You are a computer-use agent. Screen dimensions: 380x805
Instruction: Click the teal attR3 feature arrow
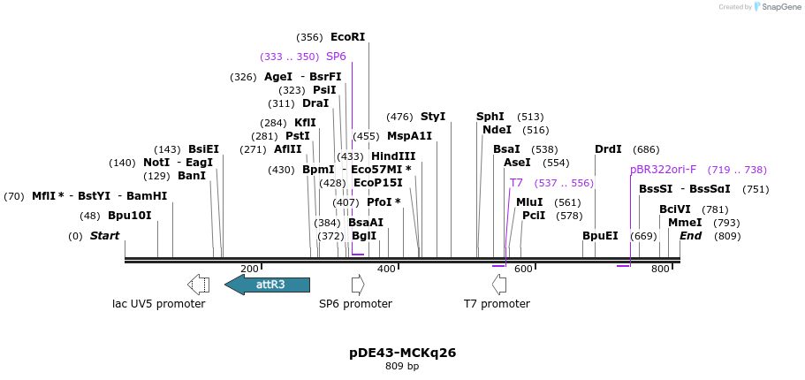tap(267, 285)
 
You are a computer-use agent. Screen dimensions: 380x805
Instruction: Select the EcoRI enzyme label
tap(347, 37)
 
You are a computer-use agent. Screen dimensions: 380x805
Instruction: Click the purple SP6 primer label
tap(336, 57)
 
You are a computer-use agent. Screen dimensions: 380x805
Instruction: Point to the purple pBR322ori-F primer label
tap(663, 170)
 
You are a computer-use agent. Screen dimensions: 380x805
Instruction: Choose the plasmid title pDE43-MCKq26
tap(402, 353)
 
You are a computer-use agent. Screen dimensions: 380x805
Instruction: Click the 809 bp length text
tap(402, 366)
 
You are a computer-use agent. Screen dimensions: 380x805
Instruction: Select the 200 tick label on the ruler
tap(249, 269)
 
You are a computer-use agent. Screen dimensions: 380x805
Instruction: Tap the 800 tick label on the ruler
tap(660, 269)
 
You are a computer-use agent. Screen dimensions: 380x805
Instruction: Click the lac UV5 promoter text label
tap(159, 304)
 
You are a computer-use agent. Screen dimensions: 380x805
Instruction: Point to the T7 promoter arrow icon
tap(499, 285)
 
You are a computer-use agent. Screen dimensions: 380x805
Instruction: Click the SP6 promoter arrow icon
tap(358, 285)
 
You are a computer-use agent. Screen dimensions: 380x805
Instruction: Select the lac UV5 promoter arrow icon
tap(199, 285)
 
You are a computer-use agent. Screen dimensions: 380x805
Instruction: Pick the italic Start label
tap(104, 236)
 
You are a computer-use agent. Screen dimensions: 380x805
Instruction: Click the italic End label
tap(690, 236)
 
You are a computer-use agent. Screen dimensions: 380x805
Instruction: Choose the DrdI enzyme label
tap(608, 149)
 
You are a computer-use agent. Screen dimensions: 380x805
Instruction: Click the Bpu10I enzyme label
tap(130, 216)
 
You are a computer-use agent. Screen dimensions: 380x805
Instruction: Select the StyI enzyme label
tap(433, 117)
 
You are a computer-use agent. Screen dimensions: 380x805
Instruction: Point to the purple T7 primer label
tap(516, 183)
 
